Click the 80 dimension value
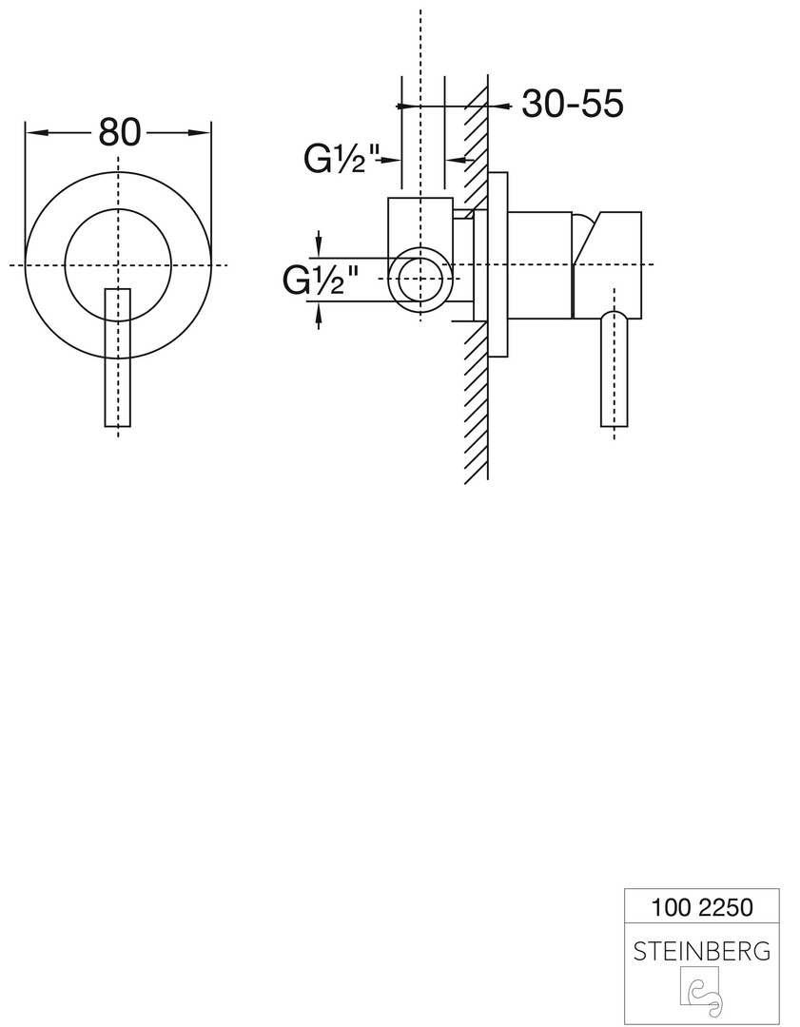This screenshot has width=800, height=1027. coord(120,132)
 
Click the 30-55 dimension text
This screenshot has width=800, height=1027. coord(572,104)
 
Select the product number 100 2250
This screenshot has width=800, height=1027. coord(702,908)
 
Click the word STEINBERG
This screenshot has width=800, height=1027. coord(702,951)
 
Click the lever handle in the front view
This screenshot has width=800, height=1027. coord(118,357)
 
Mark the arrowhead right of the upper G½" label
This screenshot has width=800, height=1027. coord(391,159)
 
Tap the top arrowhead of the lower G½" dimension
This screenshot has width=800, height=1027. coord(319,245)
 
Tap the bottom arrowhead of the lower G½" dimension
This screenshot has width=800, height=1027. coord(319,315)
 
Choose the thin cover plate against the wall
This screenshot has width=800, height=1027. coord(498,264)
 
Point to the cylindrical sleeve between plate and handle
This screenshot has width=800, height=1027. coord(540,265)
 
